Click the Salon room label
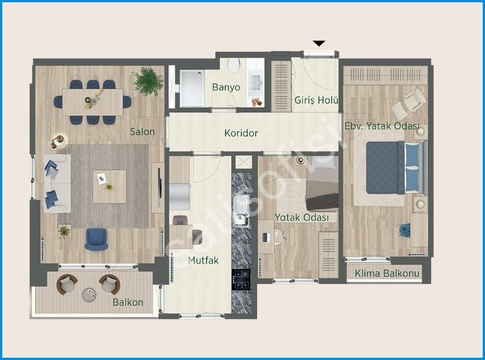tap(142, 132)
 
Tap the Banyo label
tap(226, 87)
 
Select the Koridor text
tap(241, 133)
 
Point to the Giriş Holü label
tap(316, 100)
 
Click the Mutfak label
tap(203, 260)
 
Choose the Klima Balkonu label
tap(387, 274)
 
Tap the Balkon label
tap(128, 302)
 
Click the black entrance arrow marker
tap(319, 43)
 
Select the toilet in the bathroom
tap(234, 65)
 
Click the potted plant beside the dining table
tap(148, 81)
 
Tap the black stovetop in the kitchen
tap(241, 280)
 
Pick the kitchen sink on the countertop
tap(242, 211)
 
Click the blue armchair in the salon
tap(96, 239)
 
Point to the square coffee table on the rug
tap(110, 187)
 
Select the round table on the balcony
tap(89, 295)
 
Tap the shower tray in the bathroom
tap(192, 89)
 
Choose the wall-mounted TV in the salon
tap(160, 188)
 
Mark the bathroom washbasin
tap(256, 81)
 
